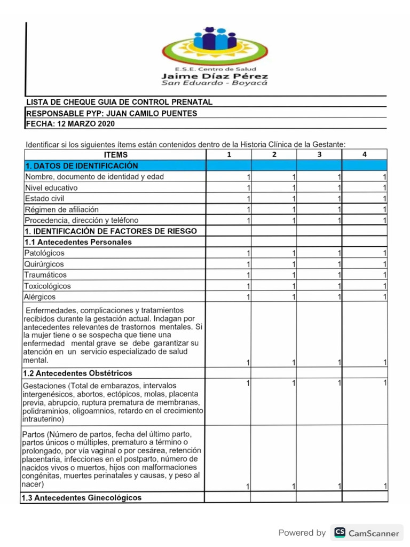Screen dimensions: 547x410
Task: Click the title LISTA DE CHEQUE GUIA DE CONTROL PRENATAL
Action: coord(119,102)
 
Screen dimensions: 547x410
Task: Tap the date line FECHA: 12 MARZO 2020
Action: coord(70,124)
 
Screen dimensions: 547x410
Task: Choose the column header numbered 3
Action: coord(319,154)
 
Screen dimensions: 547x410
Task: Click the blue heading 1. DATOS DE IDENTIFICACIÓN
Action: coord(82,166)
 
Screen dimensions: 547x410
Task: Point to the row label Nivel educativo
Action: coord(51,187)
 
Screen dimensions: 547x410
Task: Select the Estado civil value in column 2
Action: coord(293,199)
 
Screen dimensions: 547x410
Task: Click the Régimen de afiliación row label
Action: coord(61,209)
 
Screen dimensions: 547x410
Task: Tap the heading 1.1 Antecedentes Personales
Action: coord(78,242)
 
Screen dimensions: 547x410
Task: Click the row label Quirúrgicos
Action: coord(44,264)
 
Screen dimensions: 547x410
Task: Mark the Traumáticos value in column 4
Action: coord(384,275)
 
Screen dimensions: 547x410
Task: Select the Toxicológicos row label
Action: coord(48,286)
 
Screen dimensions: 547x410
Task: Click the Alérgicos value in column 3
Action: coord(339,297)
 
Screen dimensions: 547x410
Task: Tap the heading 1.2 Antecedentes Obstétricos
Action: coord(77,373)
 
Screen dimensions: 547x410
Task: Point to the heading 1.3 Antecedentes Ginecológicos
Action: coord(82,497)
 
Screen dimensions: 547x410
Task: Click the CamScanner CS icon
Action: coord(340,533)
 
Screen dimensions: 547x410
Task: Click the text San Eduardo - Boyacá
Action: coord(215,83)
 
